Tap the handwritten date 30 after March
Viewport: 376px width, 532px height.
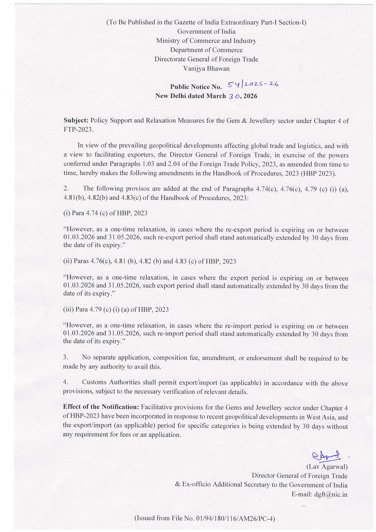coord(235,96)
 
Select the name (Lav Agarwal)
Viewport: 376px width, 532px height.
coord(327,467)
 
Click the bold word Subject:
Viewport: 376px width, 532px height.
coord(76,121)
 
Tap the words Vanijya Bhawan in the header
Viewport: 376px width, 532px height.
coord(206,69)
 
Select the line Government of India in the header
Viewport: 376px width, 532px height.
coord(206,32)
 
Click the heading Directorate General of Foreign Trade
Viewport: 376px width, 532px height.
coord(206,59)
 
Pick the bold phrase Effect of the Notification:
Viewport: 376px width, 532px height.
coord(101,407)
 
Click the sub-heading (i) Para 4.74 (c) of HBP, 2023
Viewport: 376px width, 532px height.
coord(105,213)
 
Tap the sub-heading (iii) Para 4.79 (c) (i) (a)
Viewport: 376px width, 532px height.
coord(116,309)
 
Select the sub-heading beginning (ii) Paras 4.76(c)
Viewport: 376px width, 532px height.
coord(149,261)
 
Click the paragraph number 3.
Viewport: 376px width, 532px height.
coord(66,358)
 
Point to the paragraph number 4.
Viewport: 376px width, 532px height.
coord(66,383)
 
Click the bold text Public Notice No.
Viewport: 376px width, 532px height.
coord(196,87)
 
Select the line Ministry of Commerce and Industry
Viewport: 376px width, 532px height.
coord(206,41)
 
